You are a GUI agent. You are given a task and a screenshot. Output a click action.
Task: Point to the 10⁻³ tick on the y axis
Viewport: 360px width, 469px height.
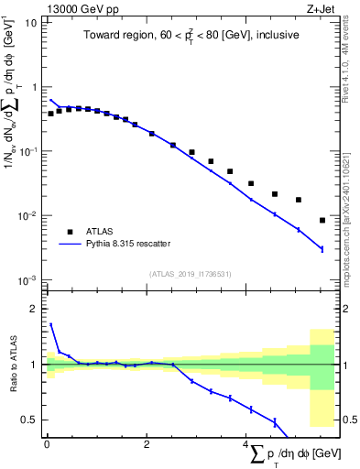coord(27,280)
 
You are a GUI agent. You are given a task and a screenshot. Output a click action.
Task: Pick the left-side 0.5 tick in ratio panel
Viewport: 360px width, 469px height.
coord(31,420)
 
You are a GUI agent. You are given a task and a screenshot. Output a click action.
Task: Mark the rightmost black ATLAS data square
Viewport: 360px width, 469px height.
coord(322,220)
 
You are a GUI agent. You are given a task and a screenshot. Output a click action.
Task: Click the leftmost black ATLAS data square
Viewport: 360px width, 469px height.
coord(51,114)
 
